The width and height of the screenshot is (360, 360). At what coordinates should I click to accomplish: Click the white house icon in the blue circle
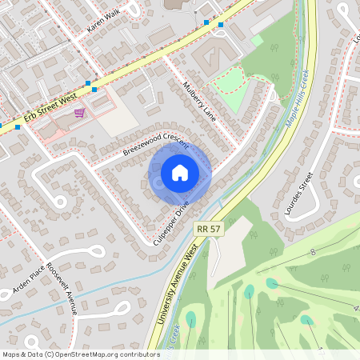click(180, 172)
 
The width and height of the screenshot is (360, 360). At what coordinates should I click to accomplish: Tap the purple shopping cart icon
click(79, 113)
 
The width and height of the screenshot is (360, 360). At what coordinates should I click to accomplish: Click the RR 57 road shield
click(208, 229)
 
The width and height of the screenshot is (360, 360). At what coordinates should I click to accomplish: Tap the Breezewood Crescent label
click(155, 144)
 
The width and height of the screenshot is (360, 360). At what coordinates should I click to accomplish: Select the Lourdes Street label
click(296, 193)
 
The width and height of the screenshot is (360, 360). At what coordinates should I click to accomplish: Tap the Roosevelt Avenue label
click(60, 288)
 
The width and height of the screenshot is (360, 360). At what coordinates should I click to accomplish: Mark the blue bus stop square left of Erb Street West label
click(17, 126)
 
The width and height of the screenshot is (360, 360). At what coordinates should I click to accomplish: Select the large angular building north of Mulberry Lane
click(213, 56)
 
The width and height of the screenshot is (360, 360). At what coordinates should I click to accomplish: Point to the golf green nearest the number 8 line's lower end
click(272, 282)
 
